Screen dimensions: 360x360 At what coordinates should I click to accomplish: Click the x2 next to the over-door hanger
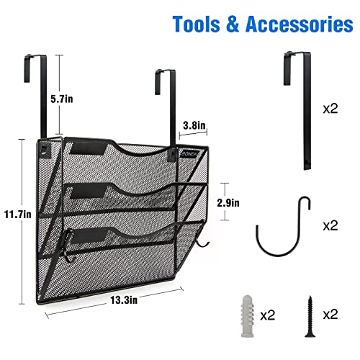pos(330,109)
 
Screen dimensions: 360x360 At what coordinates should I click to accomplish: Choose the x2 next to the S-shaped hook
pos(330,226)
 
